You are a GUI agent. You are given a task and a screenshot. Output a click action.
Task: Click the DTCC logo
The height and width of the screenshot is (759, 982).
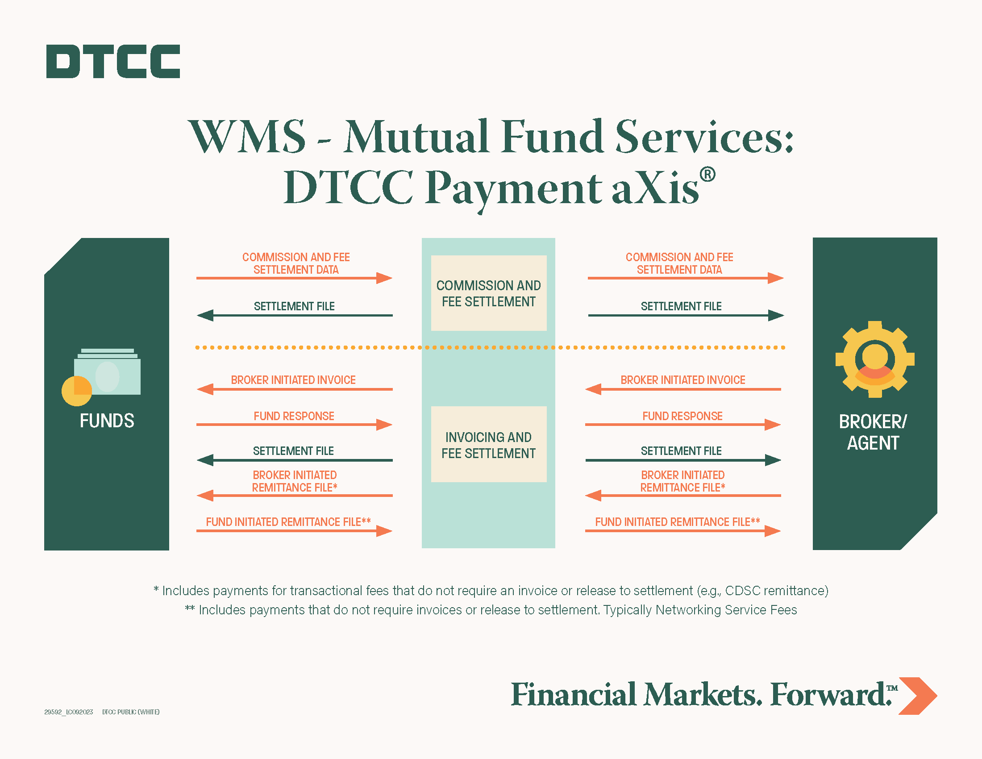coord(113,61)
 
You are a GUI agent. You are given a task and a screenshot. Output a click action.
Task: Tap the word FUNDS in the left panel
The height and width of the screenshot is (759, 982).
coord(107,421)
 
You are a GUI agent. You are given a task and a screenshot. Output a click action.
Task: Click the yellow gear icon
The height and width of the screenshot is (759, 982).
coord(874,359)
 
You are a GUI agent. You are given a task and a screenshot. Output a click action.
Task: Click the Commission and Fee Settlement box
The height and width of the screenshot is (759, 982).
coord(488,293)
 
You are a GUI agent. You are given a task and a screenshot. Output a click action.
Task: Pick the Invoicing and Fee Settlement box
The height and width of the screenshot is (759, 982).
coord(488,445)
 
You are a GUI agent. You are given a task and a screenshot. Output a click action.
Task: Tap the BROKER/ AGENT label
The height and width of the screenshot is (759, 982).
coord(873,432)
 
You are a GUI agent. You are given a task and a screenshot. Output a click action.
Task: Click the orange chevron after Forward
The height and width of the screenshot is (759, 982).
coord(918,696)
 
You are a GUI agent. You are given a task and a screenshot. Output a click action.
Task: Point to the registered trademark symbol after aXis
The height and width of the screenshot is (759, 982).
coord(707,175)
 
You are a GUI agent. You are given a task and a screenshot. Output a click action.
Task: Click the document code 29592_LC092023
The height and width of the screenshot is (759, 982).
coord(68,712)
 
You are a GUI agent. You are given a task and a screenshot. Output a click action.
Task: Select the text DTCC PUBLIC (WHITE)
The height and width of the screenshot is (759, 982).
coord(131,712)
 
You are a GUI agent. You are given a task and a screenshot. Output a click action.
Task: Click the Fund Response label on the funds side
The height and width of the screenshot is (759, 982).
coord(294,416)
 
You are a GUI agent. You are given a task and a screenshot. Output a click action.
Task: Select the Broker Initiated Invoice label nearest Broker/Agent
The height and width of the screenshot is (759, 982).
coord(682,380)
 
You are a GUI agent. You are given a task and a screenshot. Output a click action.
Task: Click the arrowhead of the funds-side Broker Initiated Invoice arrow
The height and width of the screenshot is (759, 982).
coord(205,389)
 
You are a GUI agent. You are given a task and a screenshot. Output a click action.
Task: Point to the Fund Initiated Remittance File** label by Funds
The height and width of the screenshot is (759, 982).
coord(288,521)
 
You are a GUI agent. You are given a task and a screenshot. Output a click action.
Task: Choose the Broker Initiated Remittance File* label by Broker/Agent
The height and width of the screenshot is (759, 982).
coord(682,481)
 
